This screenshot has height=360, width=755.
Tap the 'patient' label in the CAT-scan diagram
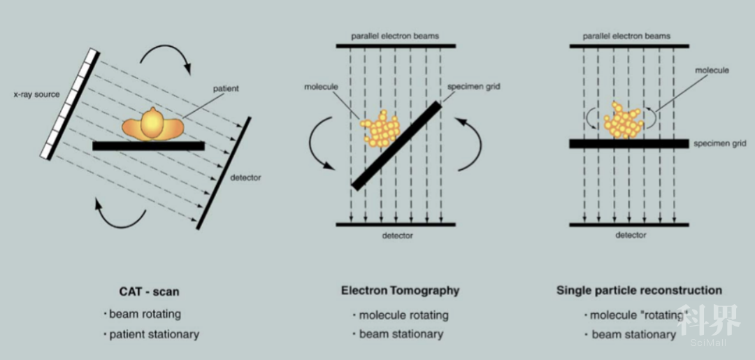point(226,89)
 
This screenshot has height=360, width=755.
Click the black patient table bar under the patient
point(148,146)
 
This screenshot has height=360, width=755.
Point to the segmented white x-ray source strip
point(70,104)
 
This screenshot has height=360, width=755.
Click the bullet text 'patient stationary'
point(154,334)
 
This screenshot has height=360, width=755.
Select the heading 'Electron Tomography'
point(400,290)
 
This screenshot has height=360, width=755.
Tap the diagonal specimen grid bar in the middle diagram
point(396,145)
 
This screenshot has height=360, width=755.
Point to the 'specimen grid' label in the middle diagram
point(474,87)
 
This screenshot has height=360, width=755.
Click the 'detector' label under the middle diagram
point(396,236)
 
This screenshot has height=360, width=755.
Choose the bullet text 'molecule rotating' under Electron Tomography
point(403,315)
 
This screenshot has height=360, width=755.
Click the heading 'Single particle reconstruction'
point(639,290)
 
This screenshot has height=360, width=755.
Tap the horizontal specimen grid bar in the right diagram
point(628,143)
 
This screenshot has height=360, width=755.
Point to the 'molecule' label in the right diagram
point(712,70)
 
